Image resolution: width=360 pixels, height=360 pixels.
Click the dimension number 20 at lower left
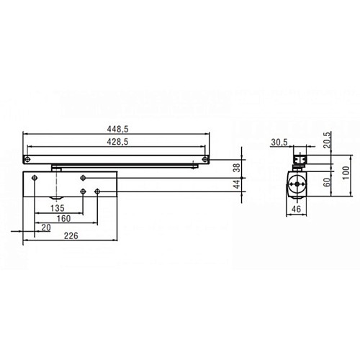pos(47,228)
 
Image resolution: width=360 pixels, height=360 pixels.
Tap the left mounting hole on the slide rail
pos(28,158)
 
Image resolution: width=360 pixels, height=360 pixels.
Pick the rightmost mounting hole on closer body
pos(98,191)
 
